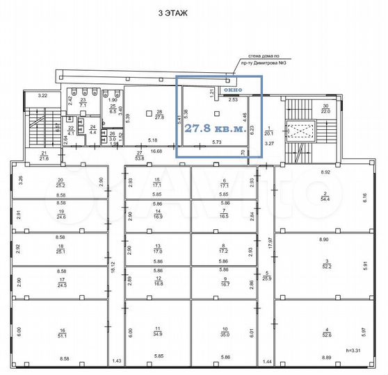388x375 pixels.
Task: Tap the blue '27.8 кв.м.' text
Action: coord(215,128)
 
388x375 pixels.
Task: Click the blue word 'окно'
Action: coord(232,90)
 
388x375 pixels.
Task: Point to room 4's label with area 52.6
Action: coord(325,333)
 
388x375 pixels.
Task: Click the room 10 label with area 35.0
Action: coord(225,332)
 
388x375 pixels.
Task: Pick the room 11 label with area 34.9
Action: coord(158,332)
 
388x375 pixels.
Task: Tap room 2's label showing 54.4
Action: coord(325,197)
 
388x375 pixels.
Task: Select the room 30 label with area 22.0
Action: coord(325,108)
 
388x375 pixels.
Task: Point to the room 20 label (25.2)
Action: coord(60,183)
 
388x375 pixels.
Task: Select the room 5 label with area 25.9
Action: coord(267,275)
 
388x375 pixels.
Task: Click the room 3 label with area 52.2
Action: coord(325,262)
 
